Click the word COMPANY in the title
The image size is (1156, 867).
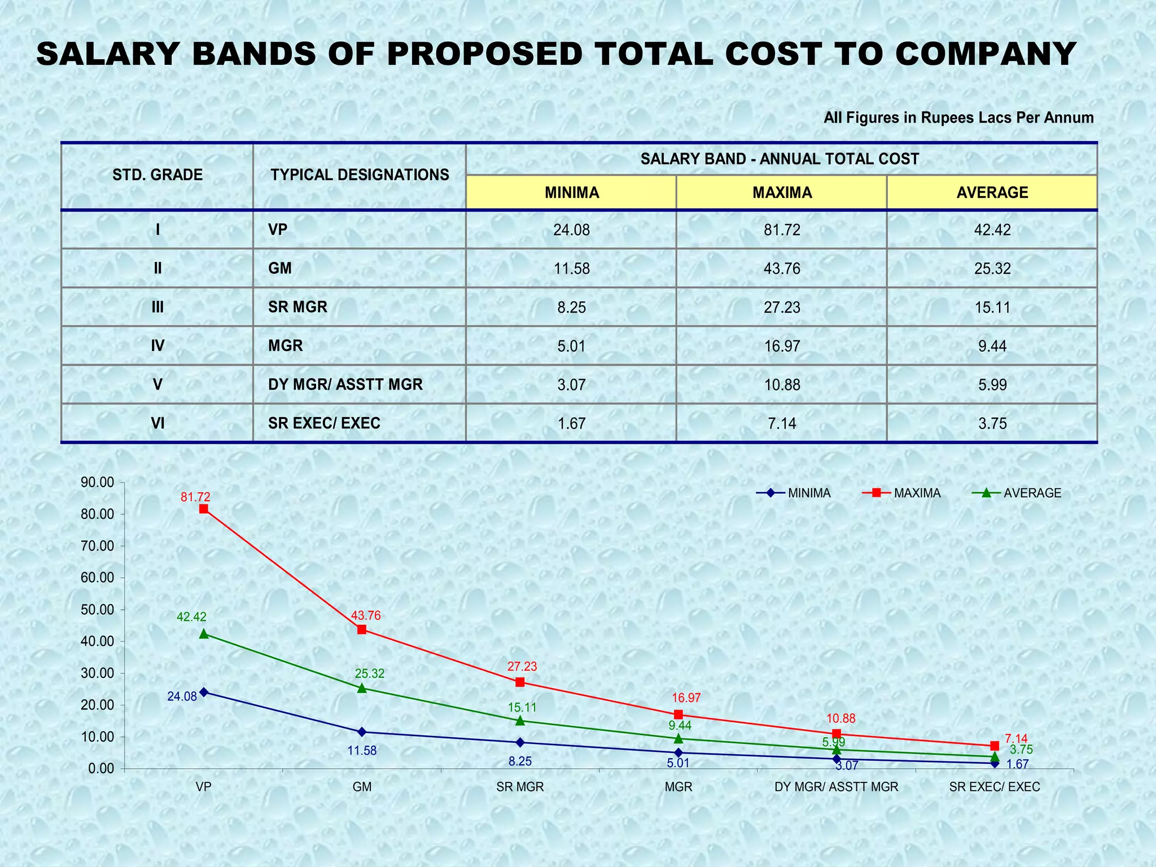tap(984, 55)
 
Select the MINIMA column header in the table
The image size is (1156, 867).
tap(571, 192)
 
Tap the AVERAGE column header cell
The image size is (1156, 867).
tap(992, 192)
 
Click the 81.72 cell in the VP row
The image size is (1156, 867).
tap(782, 230)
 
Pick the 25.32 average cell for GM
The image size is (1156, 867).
tap(992, 269)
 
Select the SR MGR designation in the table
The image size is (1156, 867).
tap(297, 307)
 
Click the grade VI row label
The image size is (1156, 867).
tap(157, 423)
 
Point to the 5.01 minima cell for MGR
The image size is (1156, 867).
tap(571, 345)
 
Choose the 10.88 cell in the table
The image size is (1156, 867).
tap(782, 384)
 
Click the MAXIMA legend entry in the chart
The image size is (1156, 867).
tap(917, 493)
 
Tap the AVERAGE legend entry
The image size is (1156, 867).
tap(1032, 493)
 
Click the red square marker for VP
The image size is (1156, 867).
tap(204, 509)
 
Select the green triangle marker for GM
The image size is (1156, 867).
tap(362, 688)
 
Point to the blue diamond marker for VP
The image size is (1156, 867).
tap(204, 692)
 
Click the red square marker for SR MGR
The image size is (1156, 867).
tap(520, 682)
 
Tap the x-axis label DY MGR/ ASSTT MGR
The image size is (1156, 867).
tap(836, 787)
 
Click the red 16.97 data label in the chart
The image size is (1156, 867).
tap(686, 698)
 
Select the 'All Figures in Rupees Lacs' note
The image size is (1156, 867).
tap(958, 118)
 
